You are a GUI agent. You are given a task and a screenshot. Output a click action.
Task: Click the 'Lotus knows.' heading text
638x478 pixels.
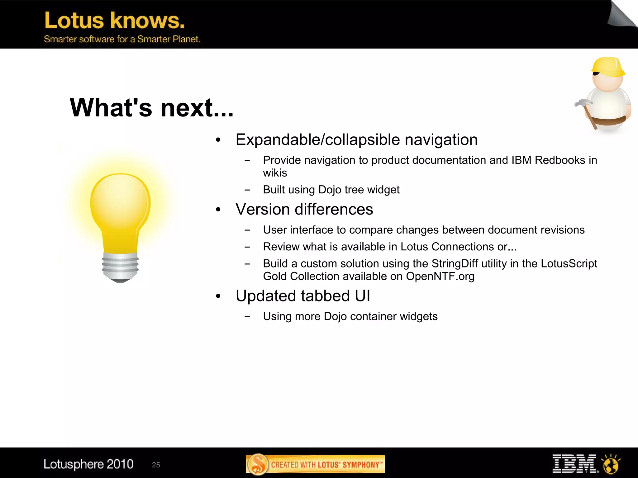[114, 21]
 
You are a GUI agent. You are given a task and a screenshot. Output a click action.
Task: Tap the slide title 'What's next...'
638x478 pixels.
[151, 108]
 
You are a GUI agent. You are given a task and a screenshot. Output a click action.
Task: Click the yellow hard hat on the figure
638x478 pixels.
[608, 67]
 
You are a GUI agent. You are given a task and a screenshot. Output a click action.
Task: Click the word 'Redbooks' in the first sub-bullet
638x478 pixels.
[560, 160]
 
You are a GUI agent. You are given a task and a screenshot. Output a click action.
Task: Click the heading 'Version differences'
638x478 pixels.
[304, 209]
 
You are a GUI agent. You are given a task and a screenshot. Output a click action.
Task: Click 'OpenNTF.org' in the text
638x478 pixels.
[440, 276]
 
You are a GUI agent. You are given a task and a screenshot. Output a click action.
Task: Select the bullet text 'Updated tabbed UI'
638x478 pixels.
[303, 296]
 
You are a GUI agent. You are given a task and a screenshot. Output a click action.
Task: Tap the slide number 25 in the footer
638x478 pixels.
[156, 465]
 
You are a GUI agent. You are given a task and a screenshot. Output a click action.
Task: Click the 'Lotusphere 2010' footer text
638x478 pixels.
[88, 464]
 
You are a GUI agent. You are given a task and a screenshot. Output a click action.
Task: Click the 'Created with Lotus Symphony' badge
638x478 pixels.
[315, 464]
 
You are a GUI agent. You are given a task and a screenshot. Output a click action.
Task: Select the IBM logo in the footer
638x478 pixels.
[574, 464]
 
